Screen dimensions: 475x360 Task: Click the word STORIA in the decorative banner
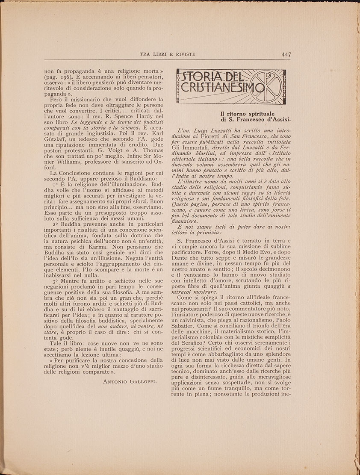[201, 77]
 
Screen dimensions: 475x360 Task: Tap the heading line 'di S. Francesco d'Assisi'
[255, 120]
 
